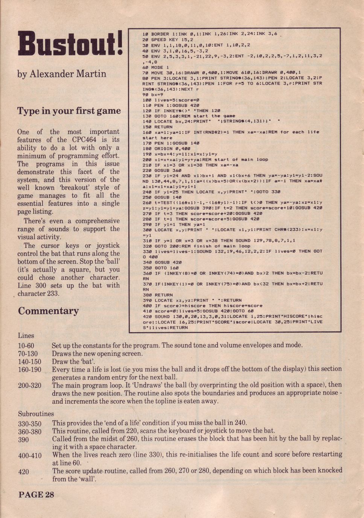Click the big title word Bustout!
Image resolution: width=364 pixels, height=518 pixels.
(70, 45)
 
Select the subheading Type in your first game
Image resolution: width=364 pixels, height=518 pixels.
(69, 111)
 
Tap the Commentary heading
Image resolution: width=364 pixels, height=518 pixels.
(48, 311)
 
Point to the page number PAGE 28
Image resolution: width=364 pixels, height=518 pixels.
(36, 494)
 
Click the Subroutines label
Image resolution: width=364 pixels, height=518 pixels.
(36, 414)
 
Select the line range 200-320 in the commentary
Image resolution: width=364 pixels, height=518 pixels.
(30, 385)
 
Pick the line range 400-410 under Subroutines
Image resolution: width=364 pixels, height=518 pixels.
(30, 455)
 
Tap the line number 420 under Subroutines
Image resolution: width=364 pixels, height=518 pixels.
(23, 471)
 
